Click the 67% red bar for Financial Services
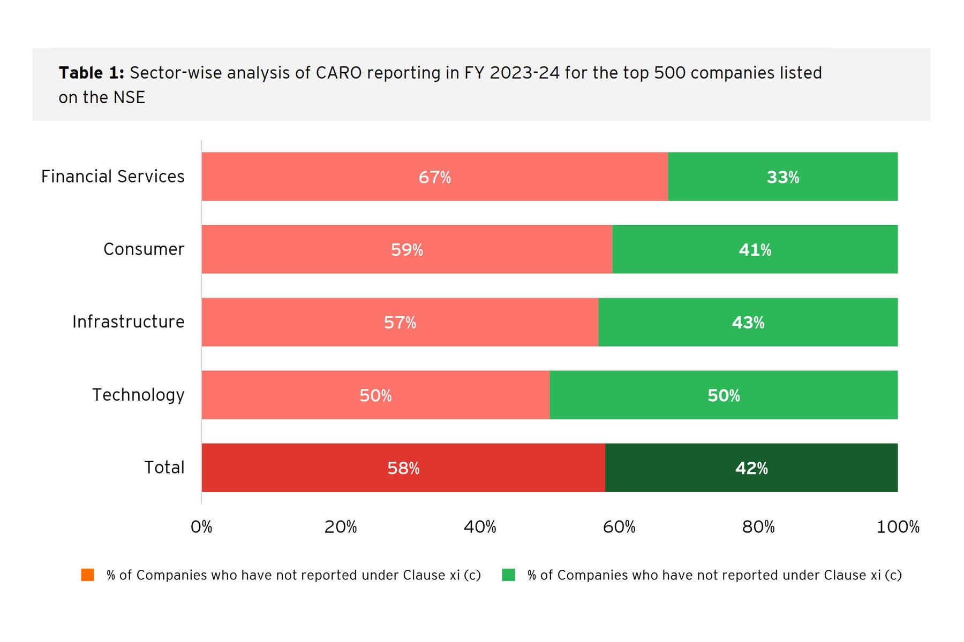(x=434, y=177)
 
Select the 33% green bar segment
(x=782, y=177)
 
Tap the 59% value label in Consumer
(x=407, y=250)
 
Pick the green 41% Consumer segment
(x=755, y=249)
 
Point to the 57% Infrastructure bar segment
(x=400, y=322)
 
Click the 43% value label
(x=748, y=323)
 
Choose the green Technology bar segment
(x=723, y=395)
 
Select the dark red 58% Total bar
(x=403, y=468)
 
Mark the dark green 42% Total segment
(x=751, y=468)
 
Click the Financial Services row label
(x=113, y=177)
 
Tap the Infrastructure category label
(x=129, y=322)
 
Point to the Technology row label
(x=138, y=395)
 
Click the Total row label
(x=164, y=468)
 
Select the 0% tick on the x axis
(x=201, y=527)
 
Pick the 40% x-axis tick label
(x=480, y=527)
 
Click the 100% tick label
(x=898, y=527)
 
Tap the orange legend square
(x=88, y=575)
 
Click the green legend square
(x=508, y=575)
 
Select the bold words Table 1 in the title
(x=91, y=73)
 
